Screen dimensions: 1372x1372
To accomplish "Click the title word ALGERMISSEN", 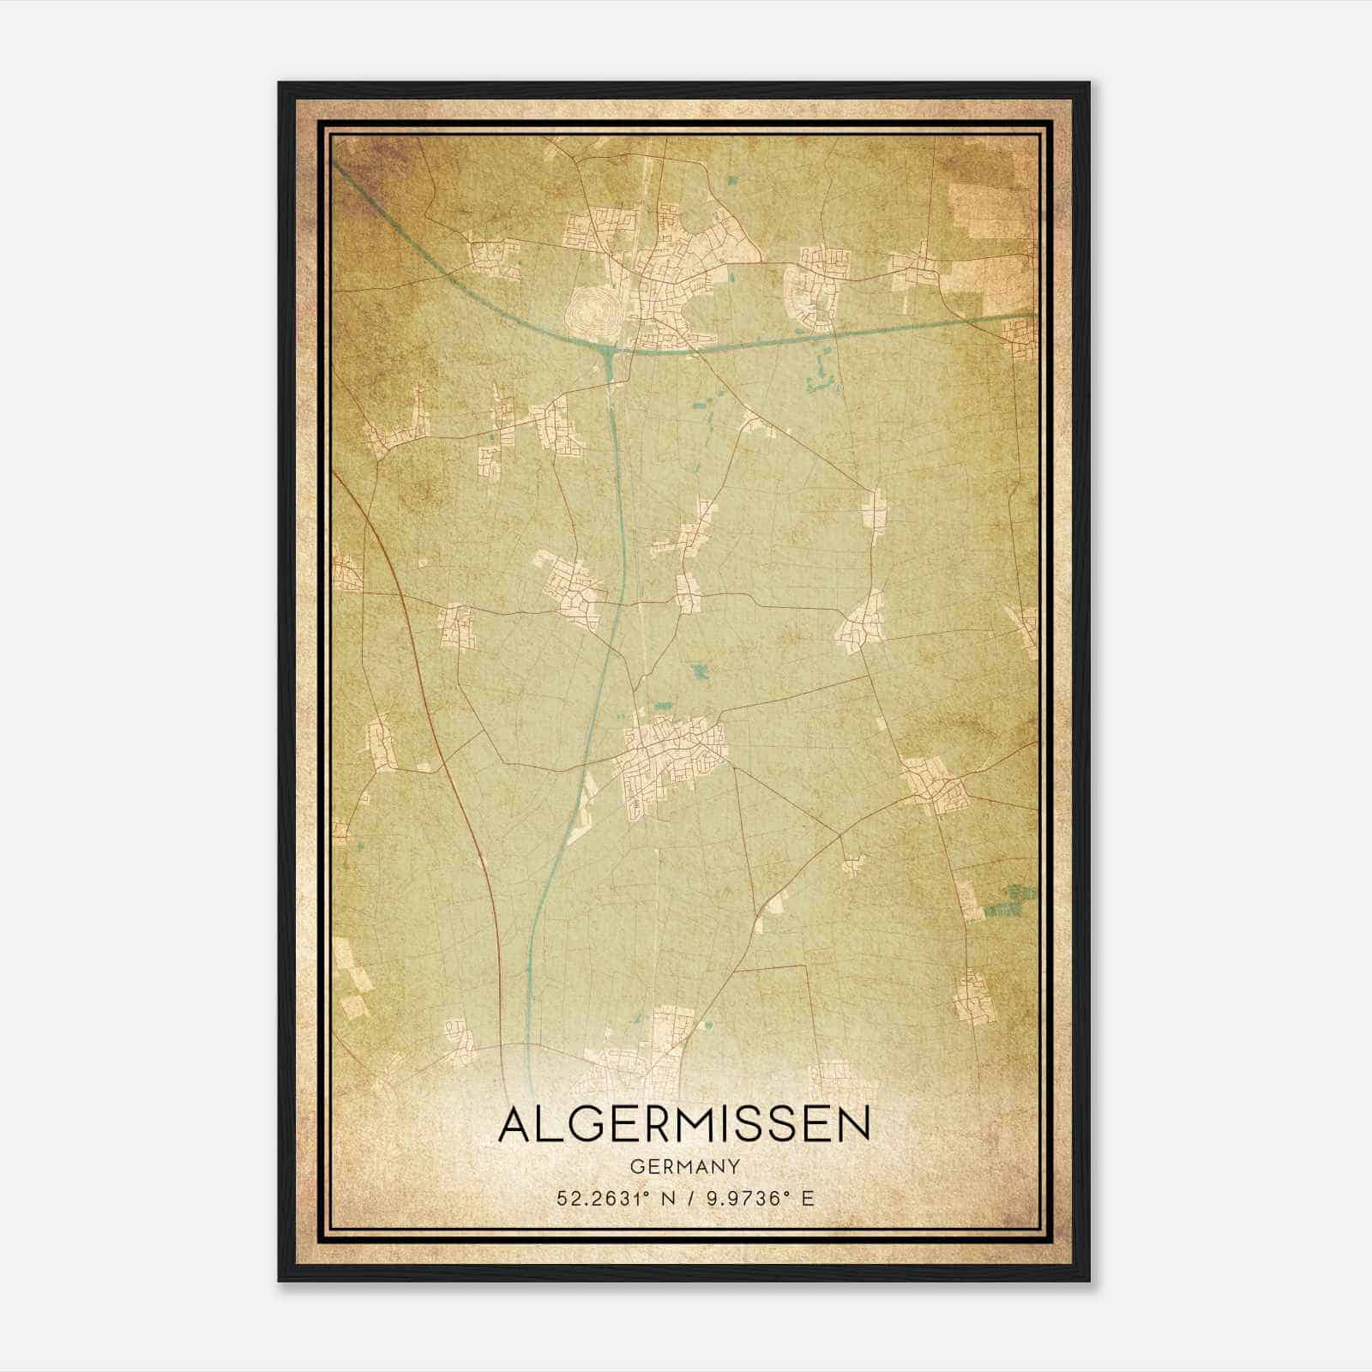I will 683,1123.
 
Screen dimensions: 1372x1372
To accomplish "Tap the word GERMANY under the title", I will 684,1167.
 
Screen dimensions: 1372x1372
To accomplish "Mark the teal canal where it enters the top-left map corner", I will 343,171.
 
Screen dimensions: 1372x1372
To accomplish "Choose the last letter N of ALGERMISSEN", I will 852,1124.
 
